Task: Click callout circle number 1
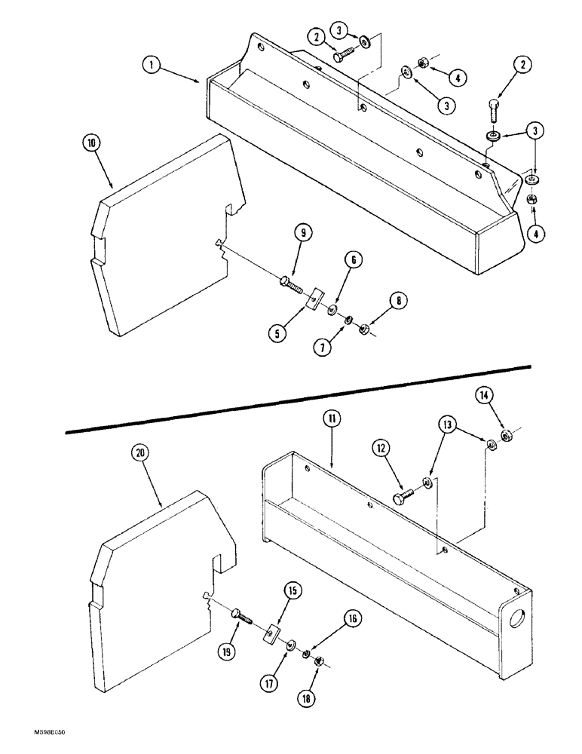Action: coord(153,66)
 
